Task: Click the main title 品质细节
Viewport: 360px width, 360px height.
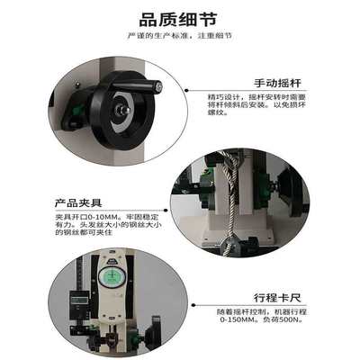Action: click(179, 18)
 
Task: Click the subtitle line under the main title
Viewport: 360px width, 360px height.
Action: click(179, 36)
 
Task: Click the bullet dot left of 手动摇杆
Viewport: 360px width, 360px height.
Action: click(187, 91)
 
